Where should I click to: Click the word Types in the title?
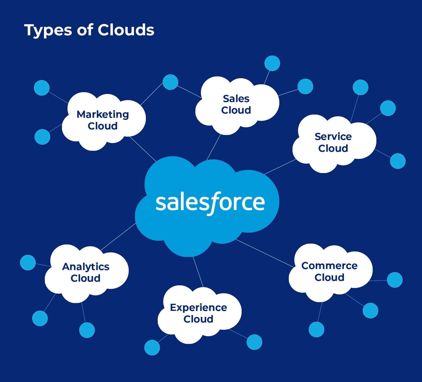[48, 30]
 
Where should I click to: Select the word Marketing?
[103, 115]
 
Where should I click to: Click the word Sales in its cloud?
[236, 99]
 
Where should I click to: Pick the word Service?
[333, 136]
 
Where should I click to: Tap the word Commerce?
[329, 266]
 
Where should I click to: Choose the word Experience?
[198, 307]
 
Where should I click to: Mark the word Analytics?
[86, 267]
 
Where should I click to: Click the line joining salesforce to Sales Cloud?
[214, 147]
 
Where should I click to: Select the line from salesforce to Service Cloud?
[280, 166]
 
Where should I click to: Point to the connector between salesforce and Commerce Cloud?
[265, 253]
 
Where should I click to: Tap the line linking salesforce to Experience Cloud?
[198, 272]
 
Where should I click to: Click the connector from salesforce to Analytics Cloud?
[118, 237]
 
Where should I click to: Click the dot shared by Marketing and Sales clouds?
[170, 82]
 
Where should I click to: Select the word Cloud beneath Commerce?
[329, 277]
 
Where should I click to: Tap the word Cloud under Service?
[333, 148]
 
